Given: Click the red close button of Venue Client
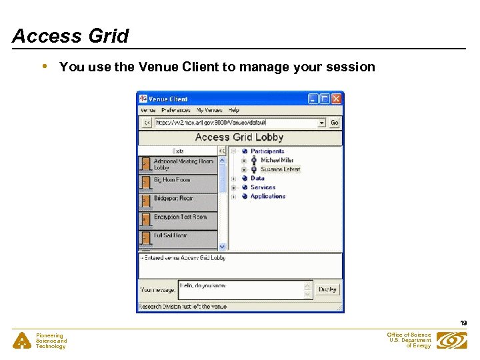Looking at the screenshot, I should pyautogui.click(x=337, y=99).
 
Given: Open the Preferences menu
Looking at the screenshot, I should pyautogui.click(x=176, y=110).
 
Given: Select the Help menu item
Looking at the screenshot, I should pyautogui.click(x=234, y=110).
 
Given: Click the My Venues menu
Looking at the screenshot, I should pyautogui.click(x=209, y=110).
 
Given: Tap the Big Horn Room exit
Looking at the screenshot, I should pyautogui.click(x=172, y=180).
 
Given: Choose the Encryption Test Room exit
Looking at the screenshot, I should pyautogui.click(x=180, y=217).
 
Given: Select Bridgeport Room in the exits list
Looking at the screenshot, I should pyautogui.click(x=173, y=199).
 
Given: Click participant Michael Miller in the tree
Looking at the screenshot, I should pyautogui.click(x=277, y=161).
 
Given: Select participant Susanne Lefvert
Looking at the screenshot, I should pyautogui.click(x=280, y=169).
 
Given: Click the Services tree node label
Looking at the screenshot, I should pyautogui.click(x=263, y=187).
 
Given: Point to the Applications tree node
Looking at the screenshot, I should pyautogui.click(x=268, y=197).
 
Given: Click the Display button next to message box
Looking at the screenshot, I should pyautogui.click(x=327, y=289).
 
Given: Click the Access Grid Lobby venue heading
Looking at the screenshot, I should pyautogui.click(x=239, y=137).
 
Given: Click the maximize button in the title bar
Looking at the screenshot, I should pyautogui.click(x=325, y=99).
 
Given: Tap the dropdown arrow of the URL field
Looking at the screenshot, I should pyautogui.click(x=321, y=123).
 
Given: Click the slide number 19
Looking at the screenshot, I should pyautogui.click(x=463, y=323).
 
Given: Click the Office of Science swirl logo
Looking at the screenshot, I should pyautogui.click(x=451, y=341).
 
